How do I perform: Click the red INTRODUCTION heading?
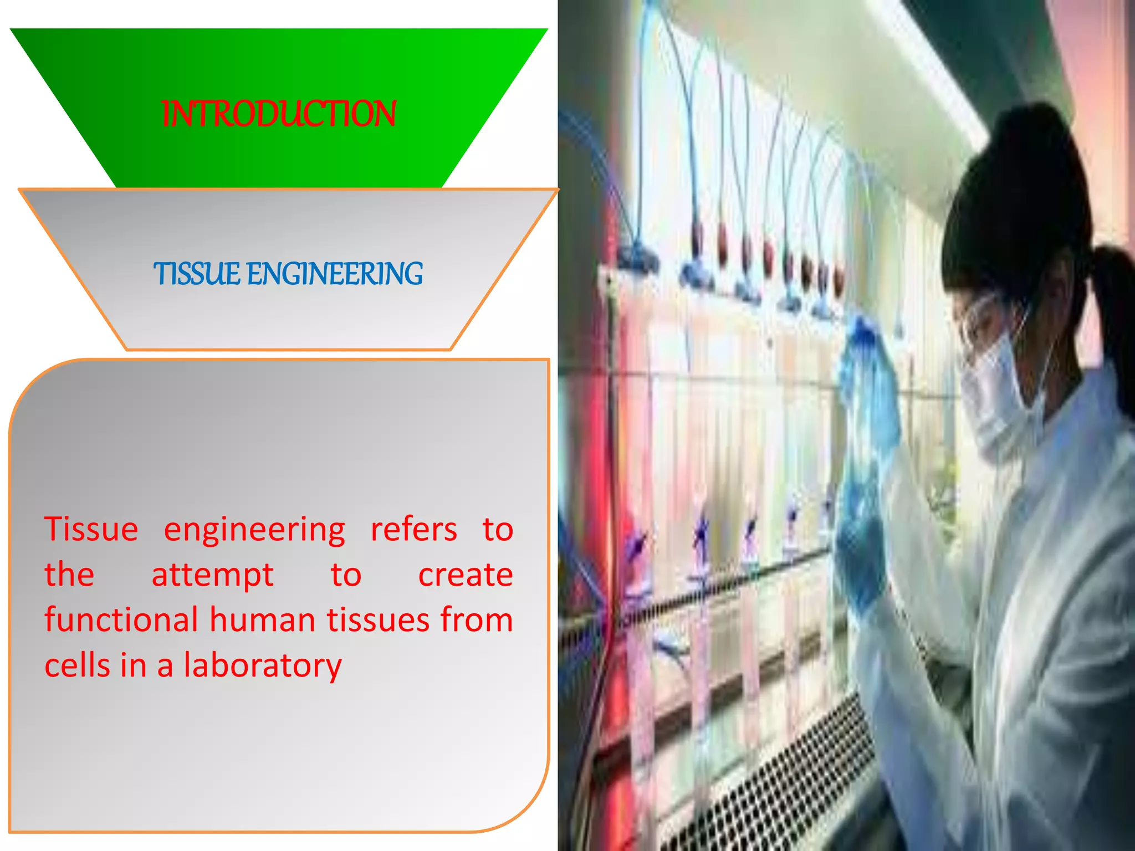point(279,114)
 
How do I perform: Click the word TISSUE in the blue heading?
point(197,274)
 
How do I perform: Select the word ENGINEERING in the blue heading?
point(334,274)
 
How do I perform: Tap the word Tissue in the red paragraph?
point(91,529)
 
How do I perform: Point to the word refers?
point(413,529)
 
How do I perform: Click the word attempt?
point(212,575)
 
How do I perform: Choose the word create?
point(465,575)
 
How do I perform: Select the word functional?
point(121,619)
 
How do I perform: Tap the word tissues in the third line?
point(377,619)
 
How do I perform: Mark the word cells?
point(77,665)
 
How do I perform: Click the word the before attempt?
point(69,575)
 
